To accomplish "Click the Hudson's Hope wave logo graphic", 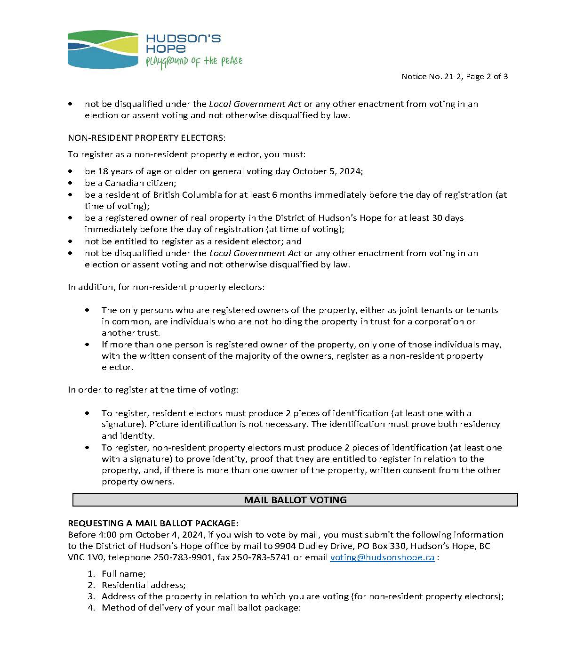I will coord(103,49).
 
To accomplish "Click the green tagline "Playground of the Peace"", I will coord(194,62).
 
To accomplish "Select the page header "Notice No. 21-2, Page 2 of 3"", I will coord(455,76).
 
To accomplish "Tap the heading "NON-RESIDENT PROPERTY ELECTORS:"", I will coord(147,138).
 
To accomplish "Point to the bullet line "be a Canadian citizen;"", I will coord(130,183).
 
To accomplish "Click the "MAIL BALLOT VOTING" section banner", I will coord(295,500).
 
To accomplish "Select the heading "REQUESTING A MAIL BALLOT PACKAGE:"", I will coord(153,523).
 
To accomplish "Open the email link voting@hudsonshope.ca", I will coord(382,557).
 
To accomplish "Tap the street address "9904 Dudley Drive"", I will coord(309,546).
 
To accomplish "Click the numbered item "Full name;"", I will coord(123,573).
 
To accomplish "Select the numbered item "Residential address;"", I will coord(144,585).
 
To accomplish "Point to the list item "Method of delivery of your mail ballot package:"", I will coord(201,608).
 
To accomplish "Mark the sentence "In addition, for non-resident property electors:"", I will coord(166,287).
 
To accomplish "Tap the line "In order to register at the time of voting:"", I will coord(153,390).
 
